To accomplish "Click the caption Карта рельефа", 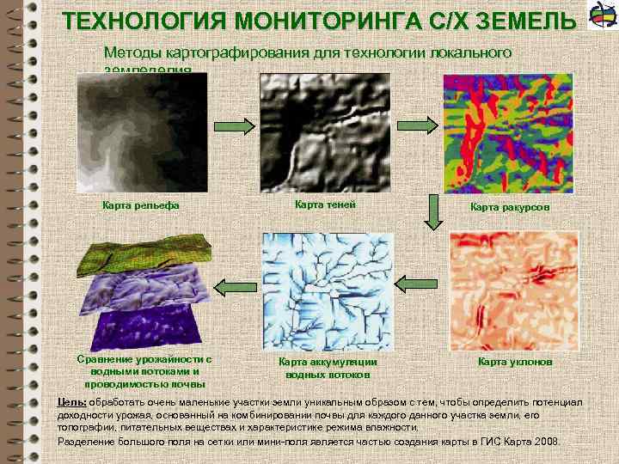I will point(140,205).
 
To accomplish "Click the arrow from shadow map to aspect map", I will point(418,125).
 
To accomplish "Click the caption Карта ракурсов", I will point(510,207).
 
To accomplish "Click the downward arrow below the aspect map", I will point(433,214).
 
